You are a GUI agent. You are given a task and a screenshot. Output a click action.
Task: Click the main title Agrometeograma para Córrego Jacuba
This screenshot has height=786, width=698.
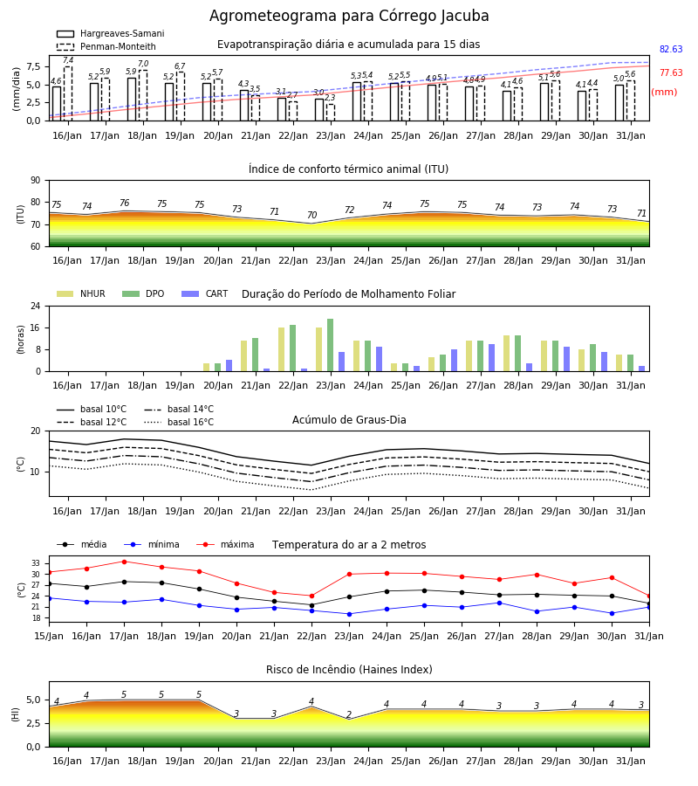coord(349,16)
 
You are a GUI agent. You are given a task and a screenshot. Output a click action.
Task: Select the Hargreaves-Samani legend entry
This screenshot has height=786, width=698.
coord(110,33)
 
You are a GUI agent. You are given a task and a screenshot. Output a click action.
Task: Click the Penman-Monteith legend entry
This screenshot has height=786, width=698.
coord(106,46)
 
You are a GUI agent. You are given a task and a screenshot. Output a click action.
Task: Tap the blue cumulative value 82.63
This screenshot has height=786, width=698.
coord(671,49)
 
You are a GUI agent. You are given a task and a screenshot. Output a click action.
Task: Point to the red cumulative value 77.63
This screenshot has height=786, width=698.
coord(671,72)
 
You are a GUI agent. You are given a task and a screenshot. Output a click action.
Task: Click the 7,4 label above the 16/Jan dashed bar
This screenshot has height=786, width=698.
coord(68,60)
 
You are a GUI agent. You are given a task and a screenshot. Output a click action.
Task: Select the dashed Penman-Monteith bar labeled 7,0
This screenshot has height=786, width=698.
coord(143,95)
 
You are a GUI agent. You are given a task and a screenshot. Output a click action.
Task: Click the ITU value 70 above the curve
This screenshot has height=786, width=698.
coord(312,215)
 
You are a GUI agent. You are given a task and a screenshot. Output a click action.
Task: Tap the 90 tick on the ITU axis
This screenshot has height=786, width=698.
coord(36,181)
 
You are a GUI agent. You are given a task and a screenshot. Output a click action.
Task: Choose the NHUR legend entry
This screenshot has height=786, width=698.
coord(81,293)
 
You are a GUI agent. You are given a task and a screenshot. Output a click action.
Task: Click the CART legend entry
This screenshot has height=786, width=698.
coord(205,293)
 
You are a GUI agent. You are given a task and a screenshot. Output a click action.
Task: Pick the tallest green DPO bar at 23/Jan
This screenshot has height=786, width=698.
coord(331,345)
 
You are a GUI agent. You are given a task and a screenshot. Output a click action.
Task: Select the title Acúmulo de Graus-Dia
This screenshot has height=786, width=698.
coord(349,420)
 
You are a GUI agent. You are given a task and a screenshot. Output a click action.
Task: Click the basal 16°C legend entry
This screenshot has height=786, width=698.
coord(179,422)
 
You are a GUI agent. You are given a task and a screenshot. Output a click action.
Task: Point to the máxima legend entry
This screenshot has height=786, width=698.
coord(226,544)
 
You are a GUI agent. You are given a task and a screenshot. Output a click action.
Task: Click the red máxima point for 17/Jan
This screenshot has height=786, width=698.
coord(124,562)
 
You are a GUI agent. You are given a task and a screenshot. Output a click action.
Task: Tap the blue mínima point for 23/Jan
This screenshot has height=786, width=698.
coord(350,614)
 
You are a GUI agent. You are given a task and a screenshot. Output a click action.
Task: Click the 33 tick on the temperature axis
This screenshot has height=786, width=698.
coord(36,563)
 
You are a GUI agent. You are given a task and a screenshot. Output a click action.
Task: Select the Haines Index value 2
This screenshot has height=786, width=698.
coord(349,714)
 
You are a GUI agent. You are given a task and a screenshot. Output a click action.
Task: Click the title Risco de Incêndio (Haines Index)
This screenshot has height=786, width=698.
coord(349,670)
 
